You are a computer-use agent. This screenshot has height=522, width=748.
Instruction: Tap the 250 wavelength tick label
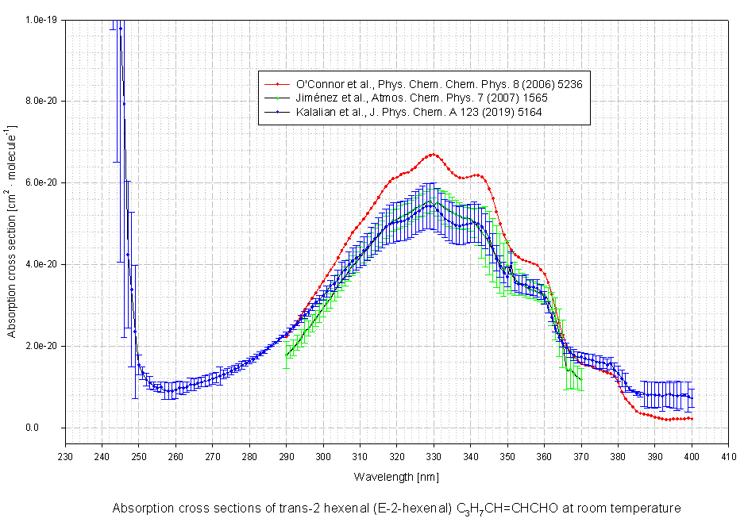(x=138, y=456)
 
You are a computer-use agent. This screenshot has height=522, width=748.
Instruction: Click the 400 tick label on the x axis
(x=692, y=456)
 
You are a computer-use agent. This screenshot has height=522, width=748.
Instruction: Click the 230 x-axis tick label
(x=65, y=456)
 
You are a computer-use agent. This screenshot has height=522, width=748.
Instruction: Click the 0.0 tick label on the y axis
(x=52, y=428)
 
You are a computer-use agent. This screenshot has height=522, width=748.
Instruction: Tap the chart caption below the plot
(x=396, y=508)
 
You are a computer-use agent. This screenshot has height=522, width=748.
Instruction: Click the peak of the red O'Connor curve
(x=434, y=154)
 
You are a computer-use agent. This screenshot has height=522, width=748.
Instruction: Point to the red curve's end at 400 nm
(x=692, y=419)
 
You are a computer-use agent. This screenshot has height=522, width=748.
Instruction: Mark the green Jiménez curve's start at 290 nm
(x=287, y=355)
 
